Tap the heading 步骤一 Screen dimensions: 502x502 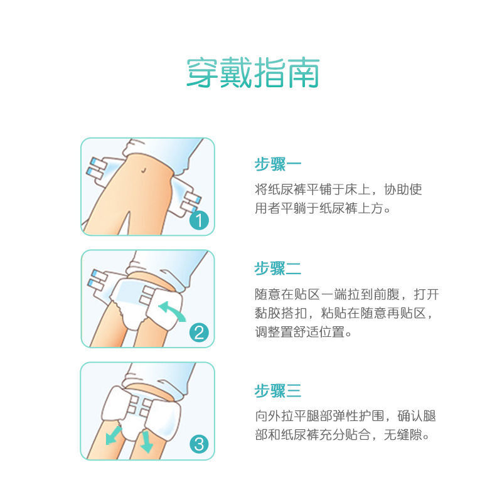(x=278, y=165)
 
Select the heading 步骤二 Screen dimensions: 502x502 (x=278, y=269)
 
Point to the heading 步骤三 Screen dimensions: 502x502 (x=278, y=391)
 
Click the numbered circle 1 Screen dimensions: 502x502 (x=198, y=220)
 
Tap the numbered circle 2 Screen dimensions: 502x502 (x=198, y=333)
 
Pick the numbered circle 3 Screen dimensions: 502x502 (x=198, y=445)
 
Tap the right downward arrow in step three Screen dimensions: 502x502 (x=146, y=441)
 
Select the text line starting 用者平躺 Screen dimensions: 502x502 (x=323, y=208)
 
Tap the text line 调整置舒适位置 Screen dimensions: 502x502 (x=303, y=332)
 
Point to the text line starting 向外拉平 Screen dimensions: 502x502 (x=344, y=415)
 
